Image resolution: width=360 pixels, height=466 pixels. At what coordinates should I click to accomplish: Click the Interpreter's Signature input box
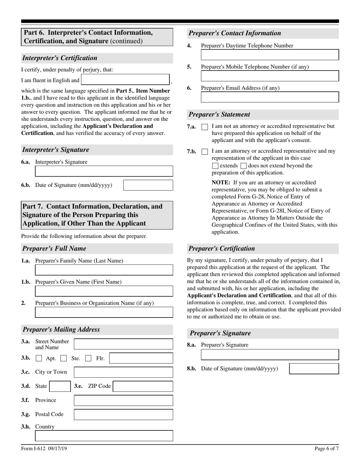coord(104,171)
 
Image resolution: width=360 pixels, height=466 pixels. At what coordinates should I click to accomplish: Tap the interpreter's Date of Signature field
coord(148,185)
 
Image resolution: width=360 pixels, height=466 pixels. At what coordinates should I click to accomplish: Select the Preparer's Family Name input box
coord(104,270)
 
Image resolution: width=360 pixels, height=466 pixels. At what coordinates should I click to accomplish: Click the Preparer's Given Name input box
coord(104,291)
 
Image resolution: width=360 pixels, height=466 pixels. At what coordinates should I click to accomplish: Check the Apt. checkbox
coord(39,358)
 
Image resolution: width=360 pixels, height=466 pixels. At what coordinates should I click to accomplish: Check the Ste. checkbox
coord(64,358)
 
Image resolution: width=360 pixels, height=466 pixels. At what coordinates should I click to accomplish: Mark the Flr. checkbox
coord(88,358)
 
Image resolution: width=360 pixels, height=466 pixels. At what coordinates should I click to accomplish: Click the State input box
coord(59,386)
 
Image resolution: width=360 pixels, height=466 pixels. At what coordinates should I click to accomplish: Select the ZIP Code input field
coord(143,386)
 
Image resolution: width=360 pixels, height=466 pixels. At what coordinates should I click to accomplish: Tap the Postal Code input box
coord(123,414)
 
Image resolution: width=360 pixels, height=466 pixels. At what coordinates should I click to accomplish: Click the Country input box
coord(104,436)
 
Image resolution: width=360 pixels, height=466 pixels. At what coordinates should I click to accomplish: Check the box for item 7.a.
coord(205,127)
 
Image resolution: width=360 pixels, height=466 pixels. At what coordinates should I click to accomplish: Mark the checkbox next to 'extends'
coord(215,166)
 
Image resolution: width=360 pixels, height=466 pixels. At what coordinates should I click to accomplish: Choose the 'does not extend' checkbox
coord(244,166)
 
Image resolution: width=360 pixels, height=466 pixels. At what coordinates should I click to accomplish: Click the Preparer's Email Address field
coord(270,97)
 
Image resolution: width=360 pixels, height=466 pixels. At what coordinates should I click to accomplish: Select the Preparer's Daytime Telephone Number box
coord(270,55)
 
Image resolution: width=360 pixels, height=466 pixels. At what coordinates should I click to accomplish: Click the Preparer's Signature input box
coord(270,355)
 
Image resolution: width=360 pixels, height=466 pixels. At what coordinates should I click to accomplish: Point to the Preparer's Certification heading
coord(222,249)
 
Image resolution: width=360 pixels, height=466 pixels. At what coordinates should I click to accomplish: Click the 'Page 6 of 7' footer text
coord(327,449)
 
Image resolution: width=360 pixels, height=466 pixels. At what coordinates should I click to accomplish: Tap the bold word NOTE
coord(220,182)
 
